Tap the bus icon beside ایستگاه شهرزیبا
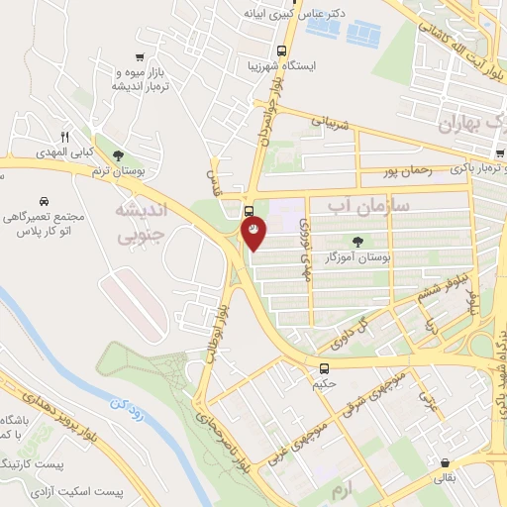tap(282, 51)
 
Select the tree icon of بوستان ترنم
tap(119, 155)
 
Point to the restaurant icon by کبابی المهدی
tap(65, 137)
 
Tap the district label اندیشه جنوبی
tap(143, 224)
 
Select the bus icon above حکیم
tap(319, 366)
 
